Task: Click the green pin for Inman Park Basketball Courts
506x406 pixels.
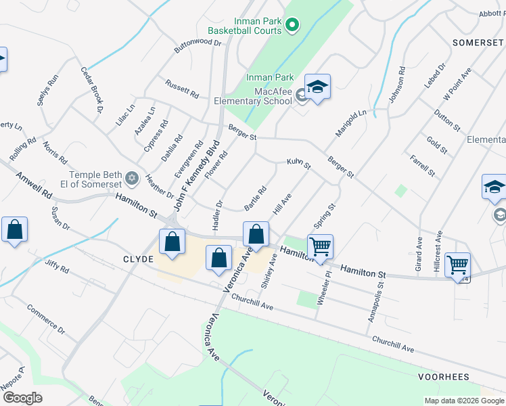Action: click(x=292, y=26)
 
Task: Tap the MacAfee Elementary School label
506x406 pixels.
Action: click(x=256, y=97)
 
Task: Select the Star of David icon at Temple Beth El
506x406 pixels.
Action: click(x=133, y=179)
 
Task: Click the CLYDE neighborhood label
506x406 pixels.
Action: click(x=139, y=259)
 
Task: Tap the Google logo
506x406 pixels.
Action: click(x=22, y=397)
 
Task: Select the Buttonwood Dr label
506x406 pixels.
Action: click(x=198, y=43)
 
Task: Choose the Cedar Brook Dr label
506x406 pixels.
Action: click(x=91, y=89)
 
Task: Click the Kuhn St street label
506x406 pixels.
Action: click(x=298, y=163)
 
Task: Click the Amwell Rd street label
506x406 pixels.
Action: click(x=37, y=184)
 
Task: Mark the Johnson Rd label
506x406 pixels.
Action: click(x=396, y=85)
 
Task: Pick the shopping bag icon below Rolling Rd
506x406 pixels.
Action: click(x=14, y=231)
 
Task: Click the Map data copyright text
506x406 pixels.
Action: click(x=463, y=401)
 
